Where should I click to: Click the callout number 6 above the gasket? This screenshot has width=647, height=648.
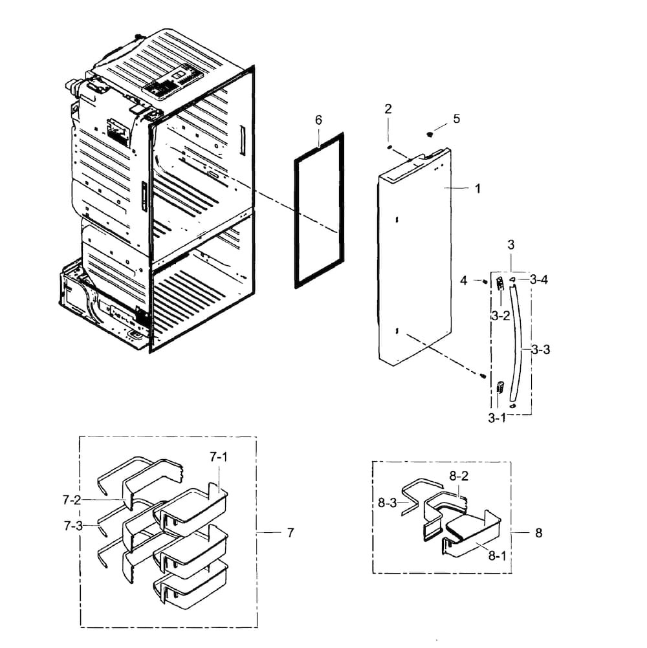pos(318,120)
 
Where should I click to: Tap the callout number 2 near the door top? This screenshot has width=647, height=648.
pos(388,109)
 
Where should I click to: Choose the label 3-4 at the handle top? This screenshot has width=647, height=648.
pos(538,279)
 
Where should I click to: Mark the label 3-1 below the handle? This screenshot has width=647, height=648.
pos(497,418)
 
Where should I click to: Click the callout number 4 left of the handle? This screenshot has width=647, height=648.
pos(463,280)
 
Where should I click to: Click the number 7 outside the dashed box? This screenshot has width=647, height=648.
pos(290,532)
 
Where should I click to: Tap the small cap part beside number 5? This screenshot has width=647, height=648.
pos(430,134)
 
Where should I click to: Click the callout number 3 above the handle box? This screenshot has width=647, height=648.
pos(510,244)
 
